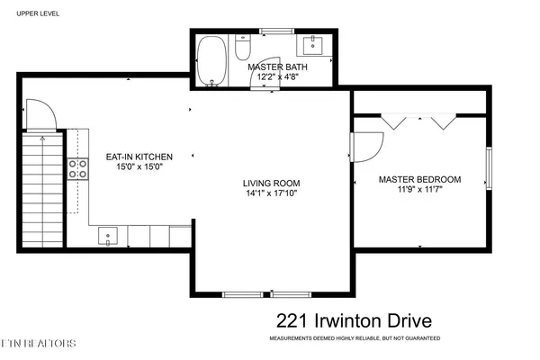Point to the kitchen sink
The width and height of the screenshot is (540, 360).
pyautogui.click(x=107, y=236)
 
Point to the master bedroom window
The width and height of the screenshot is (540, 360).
pyautogui.click(x=490, y=171)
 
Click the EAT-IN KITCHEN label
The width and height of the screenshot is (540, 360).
pyautogui.click(x=139, y=156)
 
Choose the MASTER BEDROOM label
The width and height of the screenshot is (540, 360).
pyautogui.click(x=419, y=179)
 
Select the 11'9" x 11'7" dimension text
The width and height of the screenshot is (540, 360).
pyautogui.click(x=419, y=190)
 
